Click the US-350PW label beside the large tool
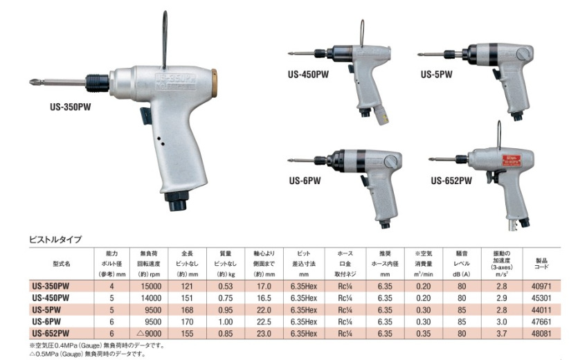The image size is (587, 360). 71,107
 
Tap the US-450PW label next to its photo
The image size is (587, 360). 308,74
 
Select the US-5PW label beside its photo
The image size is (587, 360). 436,74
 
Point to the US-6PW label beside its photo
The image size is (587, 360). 305,181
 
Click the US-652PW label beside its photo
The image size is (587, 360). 451,181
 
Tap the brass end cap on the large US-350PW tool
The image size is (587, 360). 214,84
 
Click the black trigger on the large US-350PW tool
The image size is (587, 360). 146,116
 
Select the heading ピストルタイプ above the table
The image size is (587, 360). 55,240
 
